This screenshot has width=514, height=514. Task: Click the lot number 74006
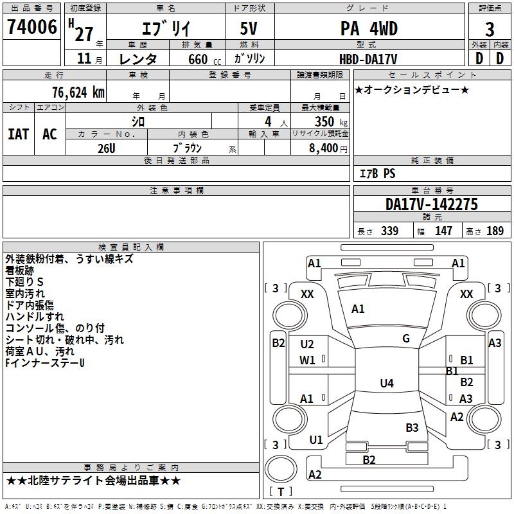(31, 26)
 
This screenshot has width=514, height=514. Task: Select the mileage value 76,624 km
(78, 93)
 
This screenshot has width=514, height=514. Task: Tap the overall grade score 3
(490, 29)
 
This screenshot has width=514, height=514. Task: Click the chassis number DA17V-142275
(432, 204)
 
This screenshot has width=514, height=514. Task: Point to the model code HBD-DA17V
(368, 59)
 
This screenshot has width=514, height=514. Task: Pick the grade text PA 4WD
(369, 28)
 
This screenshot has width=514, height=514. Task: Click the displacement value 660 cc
(204, 59)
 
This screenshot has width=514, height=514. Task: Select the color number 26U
(107, 148)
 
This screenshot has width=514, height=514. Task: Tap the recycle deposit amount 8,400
(324, 148)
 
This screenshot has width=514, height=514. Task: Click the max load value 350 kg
(331, 121)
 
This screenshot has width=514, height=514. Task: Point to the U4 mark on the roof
(387, 383)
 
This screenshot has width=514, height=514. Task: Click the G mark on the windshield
(406, 339)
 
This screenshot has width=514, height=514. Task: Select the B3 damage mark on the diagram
(412, 427)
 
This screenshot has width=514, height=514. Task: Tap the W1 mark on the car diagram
(307, 360)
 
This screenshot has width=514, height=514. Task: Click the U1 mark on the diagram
(316, 440)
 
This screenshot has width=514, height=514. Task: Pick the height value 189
(495, 231)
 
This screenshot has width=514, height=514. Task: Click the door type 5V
(249, 28)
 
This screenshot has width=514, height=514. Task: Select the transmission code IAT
(18, 134)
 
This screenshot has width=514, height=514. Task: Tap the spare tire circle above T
(281, 469)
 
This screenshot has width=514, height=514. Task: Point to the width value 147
(443, 231)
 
